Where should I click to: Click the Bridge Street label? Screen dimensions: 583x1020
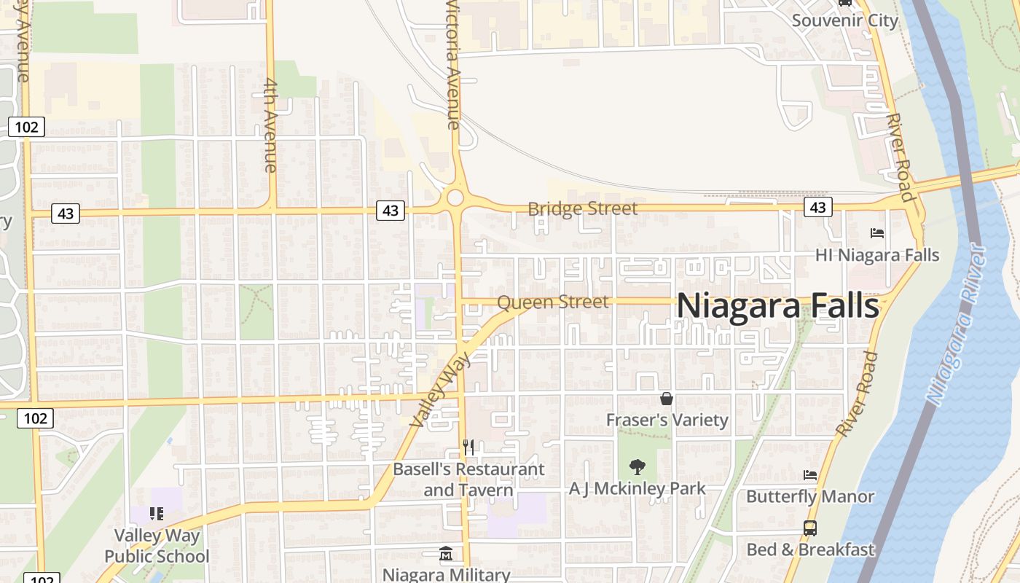[582, 209]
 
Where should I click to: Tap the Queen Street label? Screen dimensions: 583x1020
[552, 301]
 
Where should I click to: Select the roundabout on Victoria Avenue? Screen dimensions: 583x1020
[456, 197]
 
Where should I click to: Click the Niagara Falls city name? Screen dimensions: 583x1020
[777, 306]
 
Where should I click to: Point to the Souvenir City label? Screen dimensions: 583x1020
[845, 20]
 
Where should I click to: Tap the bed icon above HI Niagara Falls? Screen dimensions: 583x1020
[877, 233]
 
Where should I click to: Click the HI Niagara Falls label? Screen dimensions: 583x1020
[877, 255]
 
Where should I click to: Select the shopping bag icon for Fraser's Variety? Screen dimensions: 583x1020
[666, 399]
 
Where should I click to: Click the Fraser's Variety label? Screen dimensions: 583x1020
[667, 420]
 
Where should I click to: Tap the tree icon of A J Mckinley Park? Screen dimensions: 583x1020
[637, 466]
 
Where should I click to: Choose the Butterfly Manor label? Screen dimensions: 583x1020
[810, 497]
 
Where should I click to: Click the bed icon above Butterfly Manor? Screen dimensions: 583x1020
[810, 475]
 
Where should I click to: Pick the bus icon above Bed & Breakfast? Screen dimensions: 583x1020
[809, 528]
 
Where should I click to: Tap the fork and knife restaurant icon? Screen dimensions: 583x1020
[468, 447]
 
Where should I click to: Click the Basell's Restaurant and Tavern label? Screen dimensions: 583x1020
[468, 480]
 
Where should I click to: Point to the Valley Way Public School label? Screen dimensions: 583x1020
[157, 546]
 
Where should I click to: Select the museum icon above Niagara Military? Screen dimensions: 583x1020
[446, 554]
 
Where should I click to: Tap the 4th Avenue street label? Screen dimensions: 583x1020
[270, 125]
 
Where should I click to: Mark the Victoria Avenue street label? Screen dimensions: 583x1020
[453, 66]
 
